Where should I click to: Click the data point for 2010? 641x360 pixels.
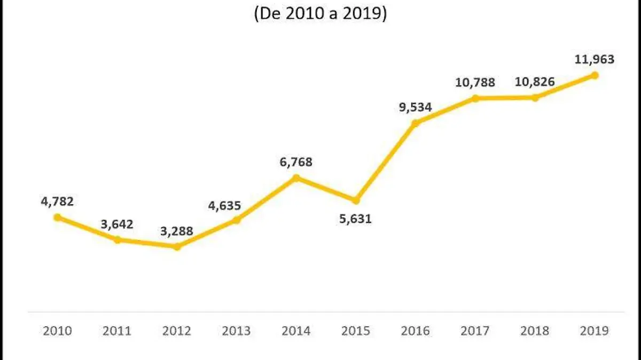57,217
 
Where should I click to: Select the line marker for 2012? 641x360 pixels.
177,246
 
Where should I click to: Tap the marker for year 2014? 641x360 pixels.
296,177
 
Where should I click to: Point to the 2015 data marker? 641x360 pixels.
356,200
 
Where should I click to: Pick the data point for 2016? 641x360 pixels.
416,123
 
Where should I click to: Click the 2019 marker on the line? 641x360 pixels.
595,75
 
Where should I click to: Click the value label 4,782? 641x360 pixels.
57,201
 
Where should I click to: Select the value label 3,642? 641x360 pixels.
117,224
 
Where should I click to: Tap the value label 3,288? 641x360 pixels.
177,232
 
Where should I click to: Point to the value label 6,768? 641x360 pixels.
296,162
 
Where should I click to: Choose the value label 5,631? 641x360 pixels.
355,218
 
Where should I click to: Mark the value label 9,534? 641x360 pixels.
415,107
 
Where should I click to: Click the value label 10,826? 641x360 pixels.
534,82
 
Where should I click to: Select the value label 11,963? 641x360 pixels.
594,59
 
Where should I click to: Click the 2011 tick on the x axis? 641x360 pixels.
117,331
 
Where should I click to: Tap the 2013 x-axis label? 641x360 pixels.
236,331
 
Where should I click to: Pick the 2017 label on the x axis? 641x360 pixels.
475,331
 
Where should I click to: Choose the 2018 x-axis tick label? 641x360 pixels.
534,331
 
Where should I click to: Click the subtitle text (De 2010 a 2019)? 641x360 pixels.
320,14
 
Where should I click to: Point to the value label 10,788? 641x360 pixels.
475,82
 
